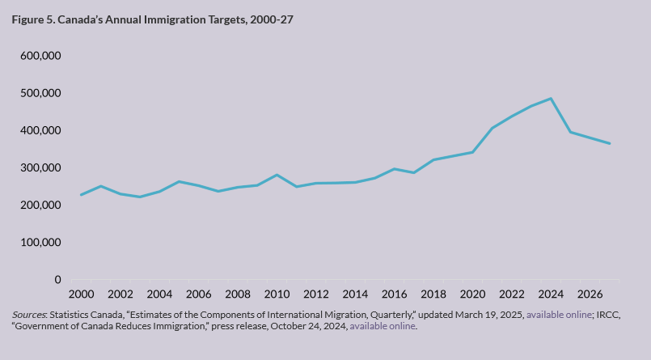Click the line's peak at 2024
[551, 99]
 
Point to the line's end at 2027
[610, 144]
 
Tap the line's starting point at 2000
[81, 195]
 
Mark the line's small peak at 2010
[277, 175]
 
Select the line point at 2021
[492, 128]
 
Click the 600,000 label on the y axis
[40, 56]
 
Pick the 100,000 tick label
[40, 243]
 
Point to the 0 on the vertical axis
[57, 280]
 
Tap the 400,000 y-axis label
[40, 130]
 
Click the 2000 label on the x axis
[81, 294]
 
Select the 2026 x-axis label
[590, 294]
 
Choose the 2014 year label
[355, 294]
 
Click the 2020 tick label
[472, 294]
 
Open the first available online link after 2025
[559, 314]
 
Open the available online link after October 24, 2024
[383, 326]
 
